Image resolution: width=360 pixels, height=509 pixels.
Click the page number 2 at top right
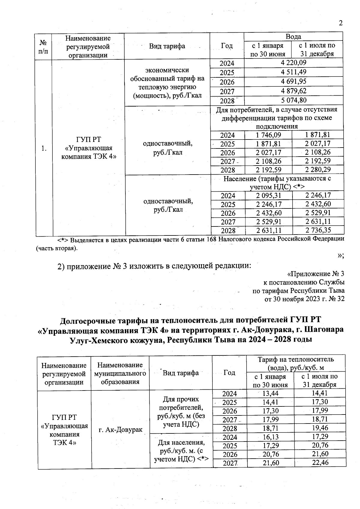(340, 23)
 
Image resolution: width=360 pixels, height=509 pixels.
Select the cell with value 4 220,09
(293, 63)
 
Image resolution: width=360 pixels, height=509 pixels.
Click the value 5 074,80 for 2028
(293, 100)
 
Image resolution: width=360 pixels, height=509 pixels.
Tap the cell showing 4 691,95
(293, 82)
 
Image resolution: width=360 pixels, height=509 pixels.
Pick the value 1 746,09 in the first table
(268, 135)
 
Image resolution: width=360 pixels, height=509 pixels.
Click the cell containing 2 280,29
(318, 170)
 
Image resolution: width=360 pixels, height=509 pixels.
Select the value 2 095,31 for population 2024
(268, 196)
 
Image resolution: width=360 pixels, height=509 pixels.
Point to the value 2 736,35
(318, 230)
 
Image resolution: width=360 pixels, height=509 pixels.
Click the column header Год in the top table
(227, 46)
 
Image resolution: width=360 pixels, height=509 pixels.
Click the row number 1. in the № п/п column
(44, 148)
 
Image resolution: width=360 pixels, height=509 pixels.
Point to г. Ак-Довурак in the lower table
(120, 430)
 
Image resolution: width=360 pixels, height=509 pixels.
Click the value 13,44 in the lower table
(271, 393)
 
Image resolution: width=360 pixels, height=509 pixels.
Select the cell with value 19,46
(320, 428)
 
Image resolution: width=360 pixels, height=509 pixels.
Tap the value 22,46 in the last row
(320, 463)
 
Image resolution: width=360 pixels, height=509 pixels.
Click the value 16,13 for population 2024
(271, 437)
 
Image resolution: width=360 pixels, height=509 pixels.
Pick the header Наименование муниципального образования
(120, 373)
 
